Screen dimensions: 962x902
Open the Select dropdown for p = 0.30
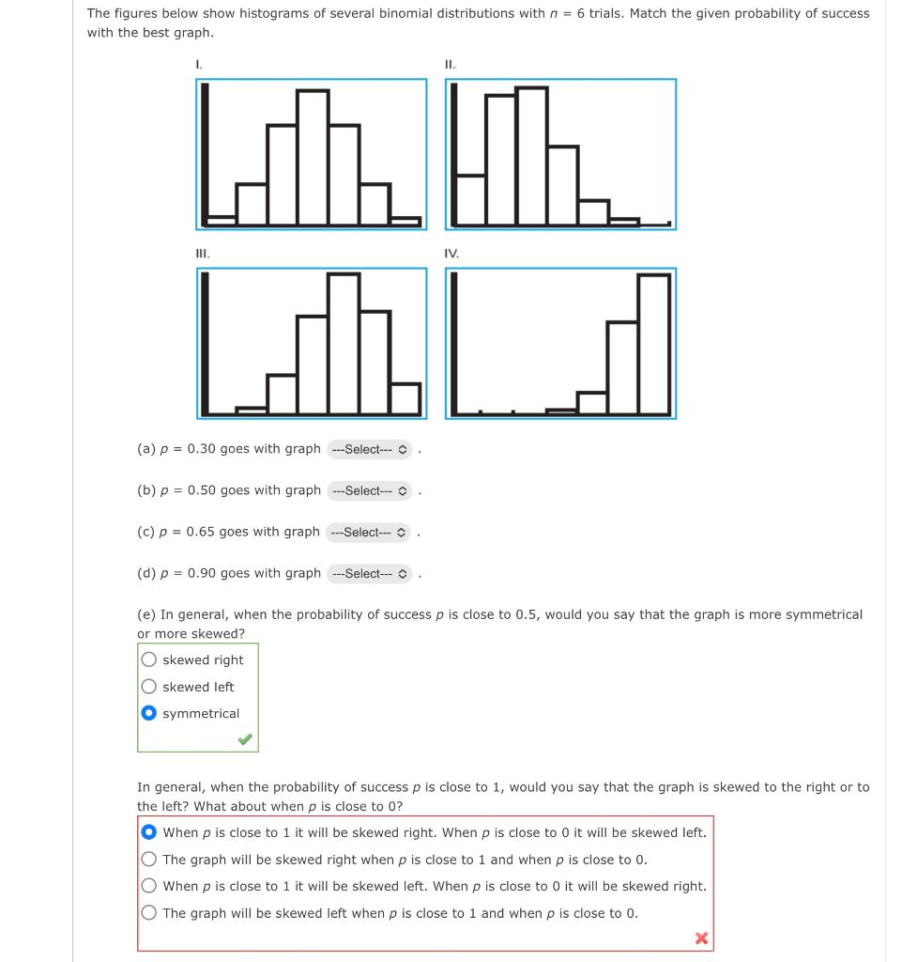(370, 449)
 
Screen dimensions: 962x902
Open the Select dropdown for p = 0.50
(370, 490)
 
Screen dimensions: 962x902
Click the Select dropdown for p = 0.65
(370, 532)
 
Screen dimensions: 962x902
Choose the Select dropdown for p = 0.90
(370, 573)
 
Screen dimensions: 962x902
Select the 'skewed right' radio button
(149, 660)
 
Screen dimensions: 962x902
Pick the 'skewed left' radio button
(149, 687)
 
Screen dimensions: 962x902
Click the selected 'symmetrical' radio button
(149, 714)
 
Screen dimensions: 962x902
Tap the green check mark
(244, 740)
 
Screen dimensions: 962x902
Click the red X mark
(700, 938)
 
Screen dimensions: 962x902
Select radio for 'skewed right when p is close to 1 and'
(149, 860)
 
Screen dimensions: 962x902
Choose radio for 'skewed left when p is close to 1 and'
(149, 913)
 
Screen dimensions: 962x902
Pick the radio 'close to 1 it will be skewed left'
(149, 886)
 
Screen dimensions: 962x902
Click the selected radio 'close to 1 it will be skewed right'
(149, 832)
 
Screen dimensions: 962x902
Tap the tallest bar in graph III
(344, 344)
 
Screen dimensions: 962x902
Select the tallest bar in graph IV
(653, 344)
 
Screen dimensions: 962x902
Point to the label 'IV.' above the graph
(451, 253)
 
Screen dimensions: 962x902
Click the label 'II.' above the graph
(450, 64)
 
